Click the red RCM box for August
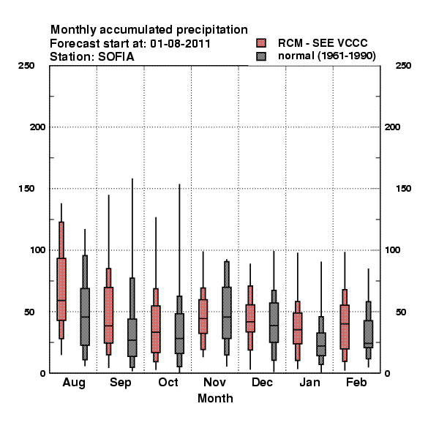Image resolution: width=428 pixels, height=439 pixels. point(61,289)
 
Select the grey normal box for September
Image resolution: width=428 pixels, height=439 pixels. point(132,337)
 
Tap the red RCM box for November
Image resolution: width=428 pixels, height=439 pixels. point(203,316)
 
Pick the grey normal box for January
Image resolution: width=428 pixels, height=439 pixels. point(321,344)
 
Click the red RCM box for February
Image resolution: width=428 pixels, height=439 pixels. point(345,327)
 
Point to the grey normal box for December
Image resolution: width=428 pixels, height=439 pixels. point(274,322)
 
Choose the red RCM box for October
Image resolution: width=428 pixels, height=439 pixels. point(156,329)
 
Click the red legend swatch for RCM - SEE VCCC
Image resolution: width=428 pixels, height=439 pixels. point(261,43)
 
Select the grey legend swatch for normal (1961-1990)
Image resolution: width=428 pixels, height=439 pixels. point(261,56)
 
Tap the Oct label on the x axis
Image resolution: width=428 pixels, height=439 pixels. point(168,382)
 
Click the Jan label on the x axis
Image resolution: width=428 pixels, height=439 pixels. point(309,382)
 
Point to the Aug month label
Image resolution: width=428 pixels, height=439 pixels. point(74,383)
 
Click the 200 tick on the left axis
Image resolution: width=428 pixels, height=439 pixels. point(37,127)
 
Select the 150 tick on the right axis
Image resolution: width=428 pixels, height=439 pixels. point(403,189)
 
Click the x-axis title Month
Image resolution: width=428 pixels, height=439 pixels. point(215,398)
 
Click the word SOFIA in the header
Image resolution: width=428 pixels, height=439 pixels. point(116,57)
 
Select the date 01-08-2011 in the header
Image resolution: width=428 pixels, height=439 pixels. point(180,44)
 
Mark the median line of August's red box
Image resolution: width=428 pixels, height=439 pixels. point(61,300)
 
